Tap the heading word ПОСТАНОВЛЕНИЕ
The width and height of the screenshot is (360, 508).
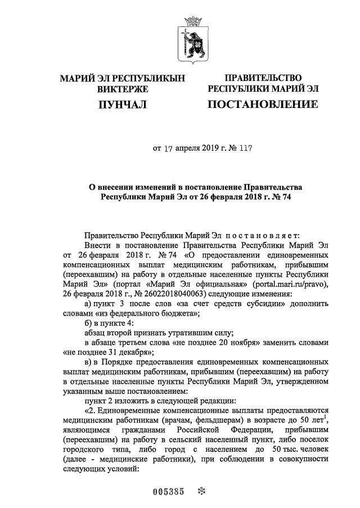[263, 105]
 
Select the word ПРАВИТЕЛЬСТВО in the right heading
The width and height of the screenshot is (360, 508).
[263, 78]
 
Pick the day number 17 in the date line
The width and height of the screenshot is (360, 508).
[167, 149]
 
